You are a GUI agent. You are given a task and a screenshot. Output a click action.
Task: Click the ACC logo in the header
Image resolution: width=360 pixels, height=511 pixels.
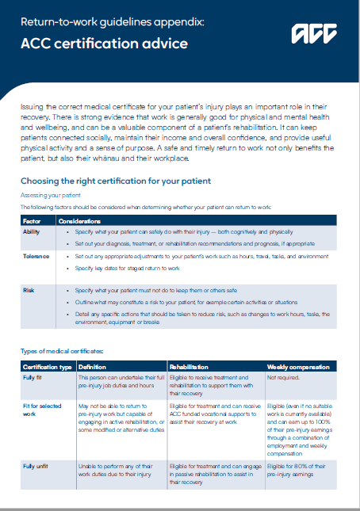[x=314, y=34]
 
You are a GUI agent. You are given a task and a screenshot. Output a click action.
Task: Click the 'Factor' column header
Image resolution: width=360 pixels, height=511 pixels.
[x=32, y=221]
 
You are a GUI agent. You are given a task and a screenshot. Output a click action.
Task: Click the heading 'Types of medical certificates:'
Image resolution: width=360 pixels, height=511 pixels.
[x=63, y=350]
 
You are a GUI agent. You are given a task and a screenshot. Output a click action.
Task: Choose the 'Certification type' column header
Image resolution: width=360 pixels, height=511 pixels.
[x=47, y=367]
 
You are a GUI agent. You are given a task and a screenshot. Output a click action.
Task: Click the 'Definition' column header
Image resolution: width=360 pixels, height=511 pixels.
[x=94, y=367]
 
